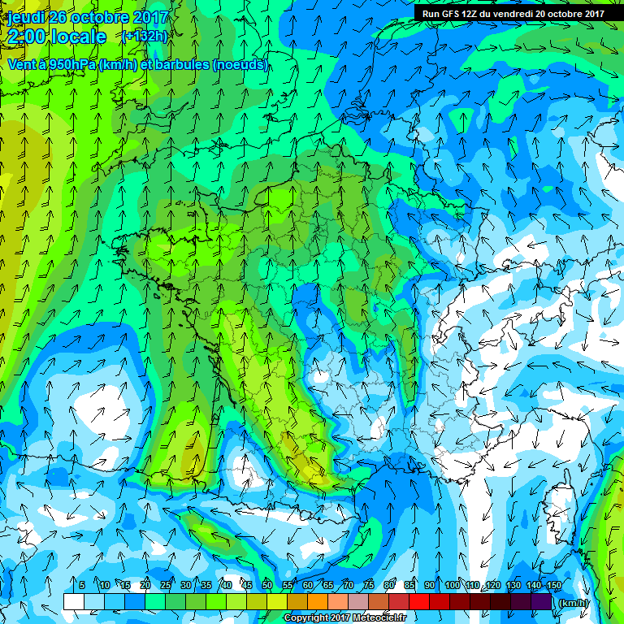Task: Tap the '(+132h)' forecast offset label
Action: coord(144,36)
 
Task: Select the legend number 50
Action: coord(266,586)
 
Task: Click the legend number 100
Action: coord(452,586)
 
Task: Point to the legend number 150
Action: coord(553,586)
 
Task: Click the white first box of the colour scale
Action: coord(73,601)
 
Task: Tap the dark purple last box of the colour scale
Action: coord(541,601)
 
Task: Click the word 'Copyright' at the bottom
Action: coord(305,618)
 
